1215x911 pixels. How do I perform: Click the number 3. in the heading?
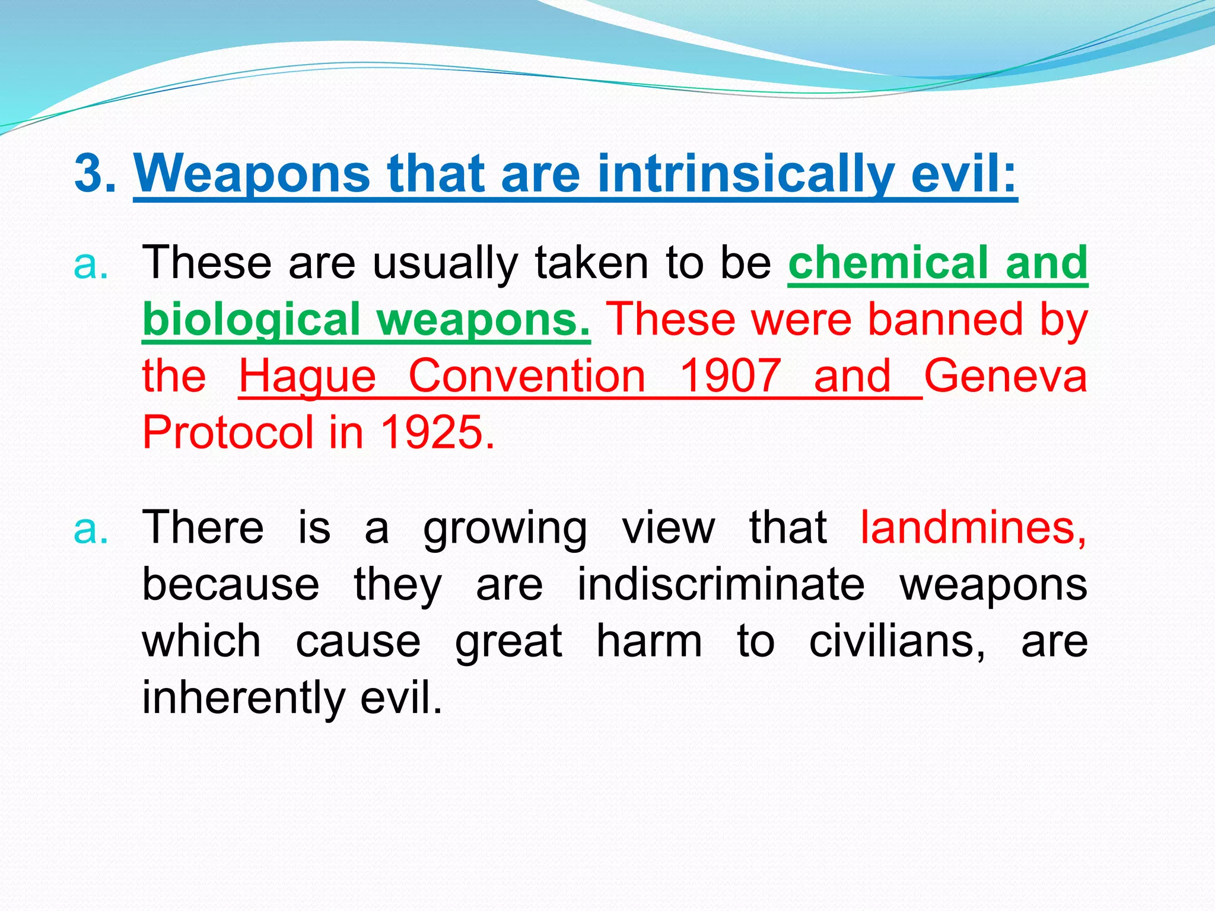[95, 173]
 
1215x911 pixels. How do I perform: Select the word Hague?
[307, 376]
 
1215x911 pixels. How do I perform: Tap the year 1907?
[730, 376]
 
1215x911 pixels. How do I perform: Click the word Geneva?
[1006, 376]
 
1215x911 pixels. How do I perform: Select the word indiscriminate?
[721, 584]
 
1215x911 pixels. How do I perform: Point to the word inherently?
[243, 697]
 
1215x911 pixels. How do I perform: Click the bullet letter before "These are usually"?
[91, 265]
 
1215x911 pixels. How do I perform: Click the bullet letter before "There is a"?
[91, 529]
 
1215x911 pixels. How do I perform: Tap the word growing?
[505, 528]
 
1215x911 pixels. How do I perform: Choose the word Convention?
[527, 376]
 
